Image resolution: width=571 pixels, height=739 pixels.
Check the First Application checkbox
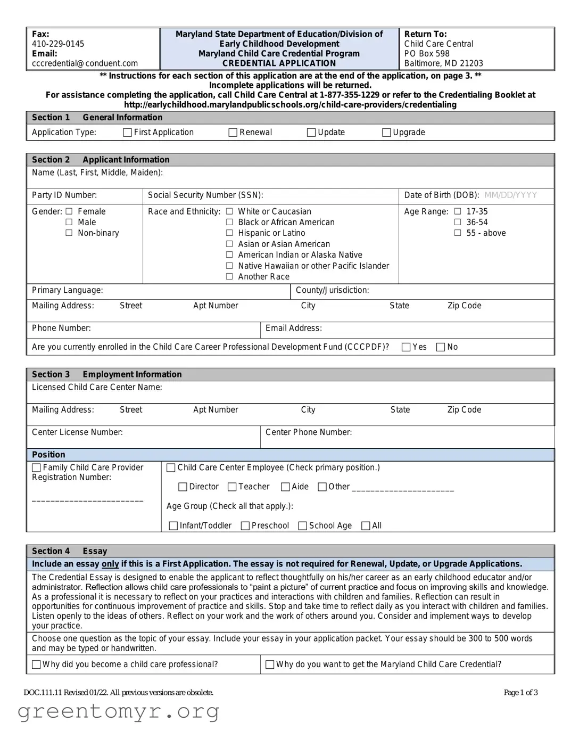click(127, 133)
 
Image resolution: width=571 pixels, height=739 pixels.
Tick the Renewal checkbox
click(233, 133)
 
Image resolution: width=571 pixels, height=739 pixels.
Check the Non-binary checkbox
click(69, 233)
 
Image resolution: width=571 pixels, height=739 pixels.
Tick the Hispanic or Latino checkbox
click(229, 233)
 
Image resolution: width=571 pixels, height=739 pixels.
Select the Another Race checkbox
click(229, 276)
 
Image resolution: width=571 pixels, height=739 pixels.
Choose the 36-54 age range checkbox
click(458, 222)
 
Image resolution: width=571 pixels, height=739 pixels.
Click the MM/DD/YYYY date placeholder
click(510, 195)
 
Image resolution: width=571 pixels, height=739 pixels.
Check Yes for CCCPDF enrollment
click(406, 347)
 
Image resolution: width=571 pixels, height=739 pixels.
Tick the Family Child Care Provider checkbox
click(36, 467)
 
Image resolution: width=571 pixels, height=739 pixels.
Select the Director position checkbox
click(183, 487)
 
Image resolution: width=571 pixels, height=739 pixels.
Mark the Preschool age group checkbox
click(245, 525)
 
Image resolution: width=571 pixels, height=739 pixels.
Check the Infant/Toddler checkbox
click(173, 525)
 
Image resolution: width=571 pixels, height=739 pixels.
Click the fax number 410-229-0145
click(58, 44)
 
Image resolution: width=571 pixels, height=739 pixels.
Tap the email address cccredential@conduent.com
click(85, 63)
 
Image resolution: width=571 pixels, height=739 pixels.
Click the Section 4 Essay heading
click(69, 551)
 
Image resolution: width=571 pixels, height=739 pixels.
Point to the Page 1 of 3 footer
click(520, 692)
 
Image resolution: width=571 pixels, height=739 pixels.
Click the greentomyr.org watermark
click(118, 711)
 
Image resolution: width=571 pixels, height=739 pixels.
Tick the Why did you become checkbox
click(36, 664)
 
